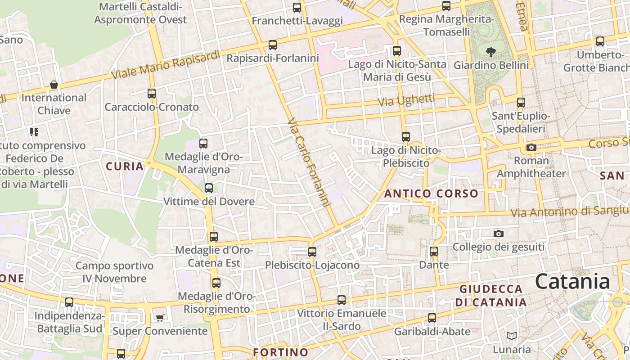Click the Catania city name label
pos(572,282)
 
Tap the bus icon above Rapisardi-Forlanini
pos(272,45)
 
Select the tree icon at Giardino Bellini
pos(491,52)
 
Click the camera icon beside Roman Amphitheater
pos(531,147)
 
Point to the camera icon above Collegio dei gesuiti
pos(498,234)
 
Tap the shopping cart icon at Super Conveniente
pos(160,318)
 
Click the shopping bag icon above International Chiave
pos(54,85)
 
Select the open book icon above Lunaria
pos(511,336)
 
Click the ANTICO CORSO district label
pos(431,194)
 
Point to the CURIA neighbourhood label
pos(125,166)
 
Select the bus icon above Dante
pos(434,252)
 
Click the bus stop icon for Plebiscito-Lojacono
pos(312,252)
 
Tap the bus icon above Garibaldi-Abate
pos(432,318)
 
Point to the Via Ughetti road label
pos(406,100)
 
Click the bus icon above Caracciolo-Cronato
pos(152,94)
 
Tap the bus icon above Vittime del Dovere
pos(209,188)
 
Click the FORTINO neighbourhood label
pos(281,352)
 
